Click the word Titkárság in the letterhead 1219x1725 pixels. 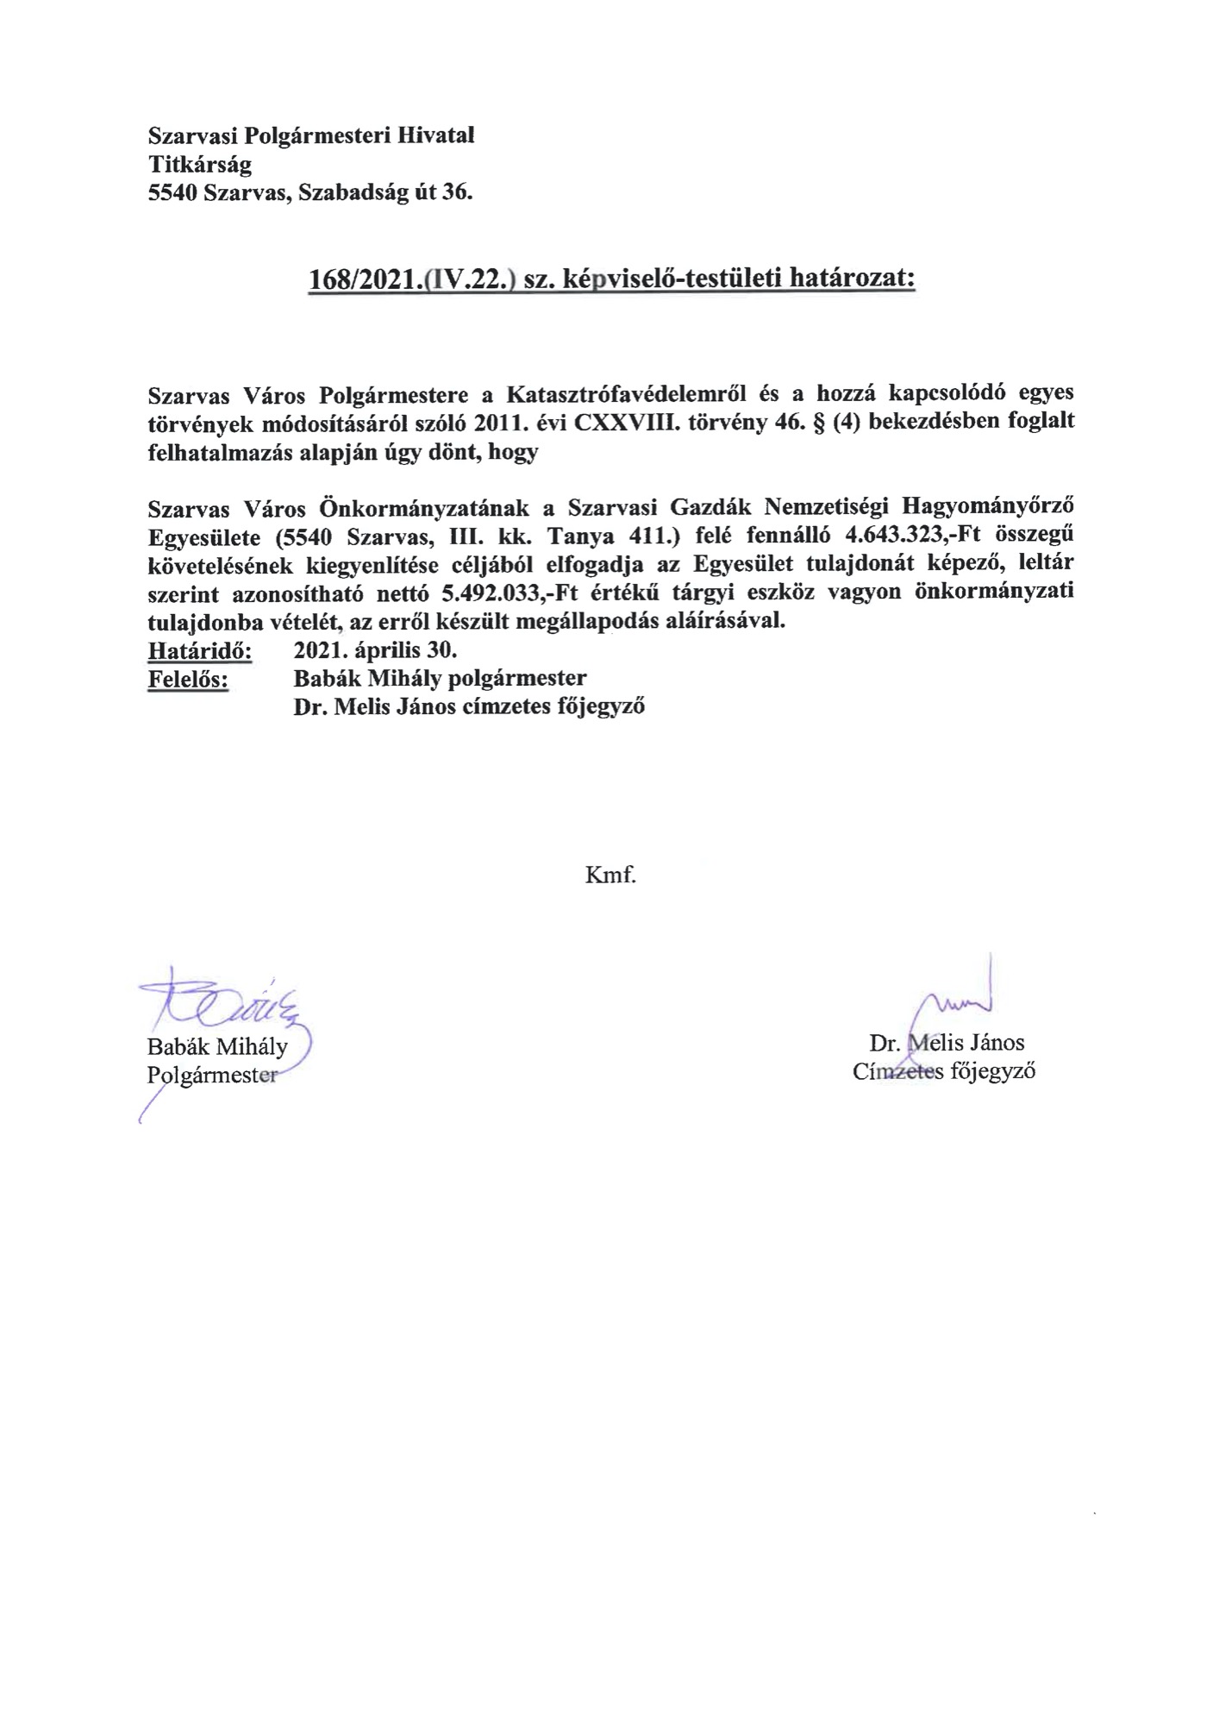pyautogui.click(x=200, y=164)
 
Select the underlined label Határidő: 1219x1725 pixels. pyautogui.click(x=200, y=649)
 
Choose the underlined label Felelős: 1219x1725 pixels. pyautogui.click(x=189, y=679)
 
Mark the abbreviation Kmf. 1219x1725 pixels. pyautogui.click(x=610, y=876)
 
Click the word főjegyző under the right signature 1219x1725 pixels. pyautogui.click(x=991, y=1072)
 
